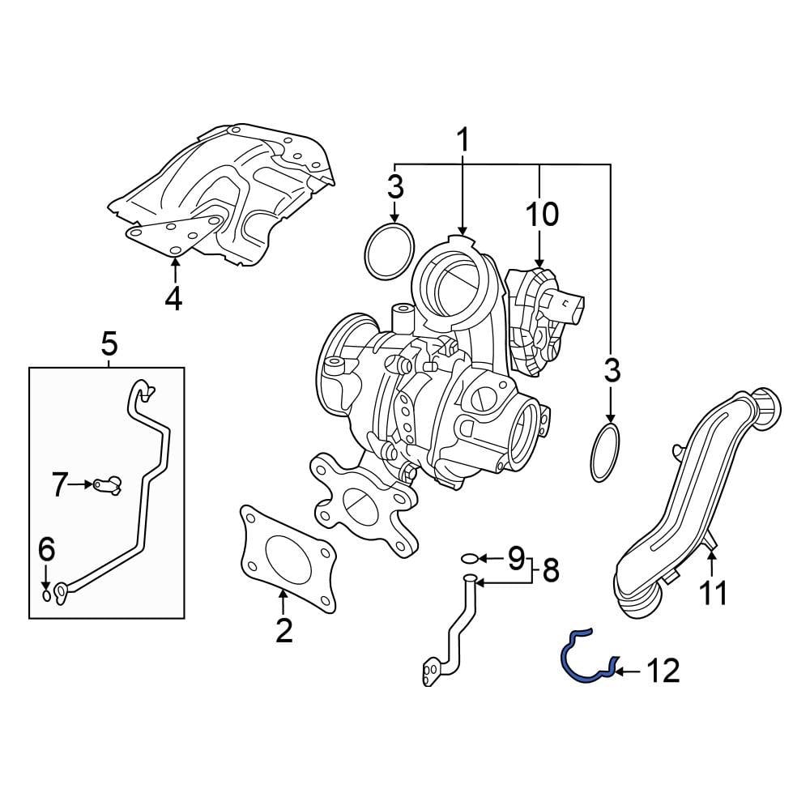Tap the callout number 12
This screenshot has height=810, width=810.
tap(663, 671)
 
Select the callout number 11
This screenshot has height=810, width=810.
tap(714, 593)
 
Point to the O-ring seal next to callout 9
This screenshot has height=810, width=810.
tap(468, 557)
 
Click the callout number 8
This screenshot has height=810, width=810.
tap(551, 571)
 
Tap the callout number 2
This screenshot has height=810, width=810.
tap(283, 630)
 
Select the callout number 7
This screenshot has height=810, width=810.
tap(59, 485)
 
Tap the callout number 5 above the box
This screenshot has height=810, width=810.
tap(109, 344)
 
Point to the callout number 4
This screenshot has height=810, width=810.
tap(173, 299)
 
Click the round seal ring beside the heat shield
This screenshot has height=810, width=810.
tap(390, 252)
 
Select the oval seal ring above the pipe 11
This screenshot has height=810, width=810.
tap(607, 451)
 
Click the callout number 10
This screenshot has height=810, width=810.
tap(542, 215)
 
